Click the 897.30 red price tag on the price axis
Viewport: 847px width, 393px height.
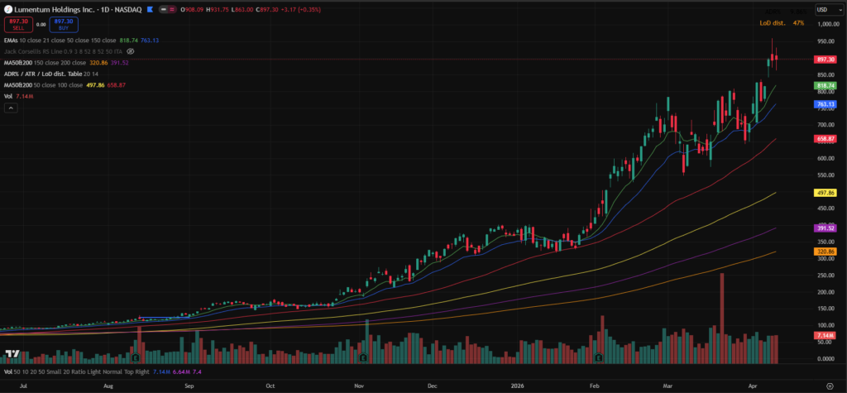[827, 60]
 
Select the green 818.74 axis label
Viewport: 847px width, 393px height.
[827, 85]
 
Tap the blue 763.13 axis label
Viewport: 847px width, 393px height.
[827, 104]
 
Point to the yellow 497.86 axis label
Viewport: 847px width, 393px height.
[827, 192]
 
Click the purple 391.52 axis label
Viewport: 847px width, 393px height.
[827, 228]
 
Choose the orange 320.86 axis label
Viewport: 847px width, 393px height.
[827, 251]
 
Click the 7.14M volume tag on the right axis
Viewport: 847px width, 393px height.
[827, 336]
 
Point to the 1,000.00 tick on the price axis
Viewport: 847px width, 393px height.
[826, 25]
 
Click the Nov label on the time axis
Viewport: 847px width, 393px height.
[359, 386]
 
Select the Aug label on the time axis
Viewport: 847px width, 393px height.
[108, 386]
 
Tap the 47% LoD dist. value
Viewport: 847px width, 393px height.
[798, 23]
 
